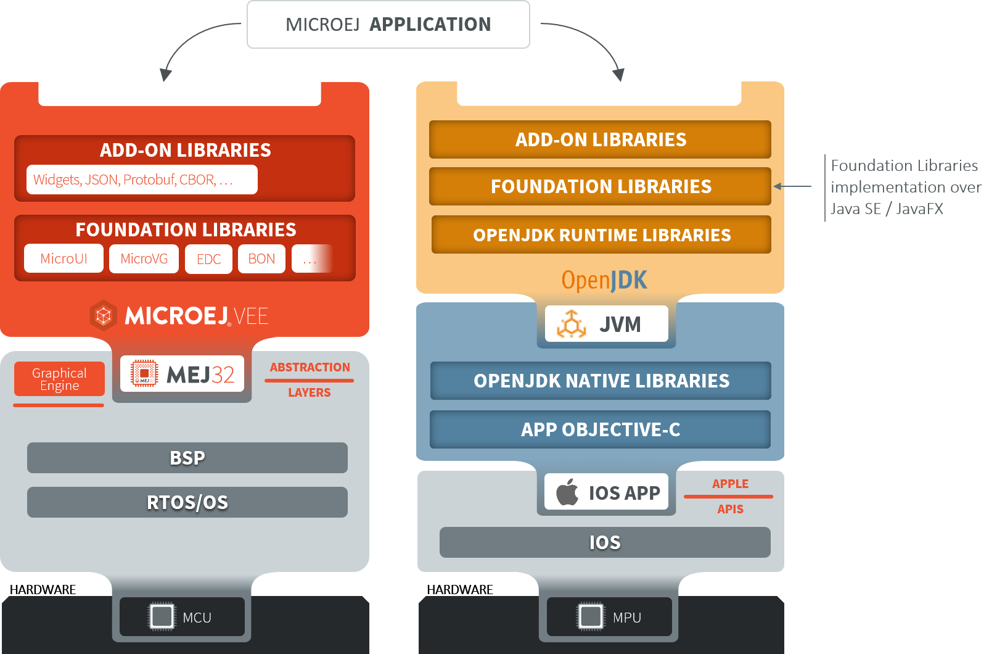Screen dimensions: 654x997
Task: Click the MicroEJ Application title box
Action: click(x=388, y=25)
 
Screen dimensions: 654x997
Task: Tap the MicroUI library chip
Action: click(x=64, y=259)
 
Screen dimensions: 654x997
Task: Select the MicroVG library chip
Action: click(x=144, y=259)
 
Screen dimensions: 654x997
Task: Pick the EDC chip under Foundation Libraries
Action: click(x=208, y=259)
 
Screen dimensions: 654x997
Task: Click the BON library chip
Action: click(x=261, y=259)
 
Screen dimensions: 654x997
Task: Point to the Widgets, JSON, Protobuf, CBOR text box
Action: click(x=141, y=180)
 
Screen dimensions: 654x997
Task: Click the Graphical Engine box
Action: click(x=59, y=379)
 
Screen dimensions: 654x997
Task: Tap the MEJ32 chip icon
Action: click(x=144, y=373)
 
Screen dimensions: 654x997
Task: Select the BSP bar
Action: click(x=187, y=458)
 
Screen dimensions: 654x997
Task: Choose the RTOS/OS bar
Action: click(x=187, y=502)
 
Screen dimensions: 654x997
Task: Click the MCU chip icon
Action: click(x=162, y=616)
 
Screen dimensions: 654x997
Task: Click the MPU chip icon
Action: click(x=591, y=616)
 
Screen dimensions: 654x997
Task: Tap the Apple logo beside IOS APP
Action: click(x=567, y=492)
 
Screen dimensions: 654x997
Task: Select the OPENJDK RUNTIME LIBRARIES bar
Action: click(x=601, y=235)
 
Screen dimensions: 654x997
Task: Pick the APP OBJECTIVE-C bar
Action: click(x=600, y=429)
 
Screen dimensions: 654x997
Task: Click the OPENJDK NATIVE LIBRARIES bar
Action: click(x=601, y=381)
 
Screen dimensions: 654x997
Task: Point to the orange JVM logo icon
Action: click(x=572, y=324)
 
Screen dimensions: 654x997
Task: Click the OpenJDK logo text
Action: click(x=604, y=280)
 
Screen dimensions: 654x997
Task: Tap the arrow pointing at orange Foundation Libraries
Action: click(x=792, y=186)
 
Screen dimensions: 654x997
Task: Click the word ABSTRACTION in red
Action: click(x=310, y=367)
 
